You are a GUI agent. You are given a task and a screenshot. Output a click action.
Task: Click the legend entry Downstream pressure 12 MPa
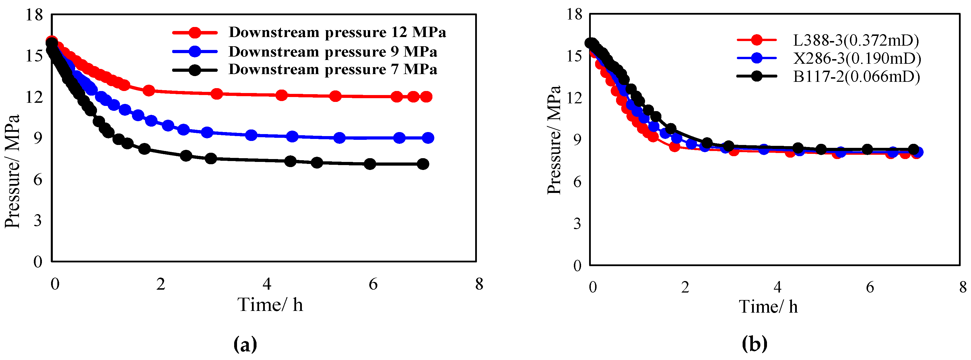pyautogui.click(x=337, y=32)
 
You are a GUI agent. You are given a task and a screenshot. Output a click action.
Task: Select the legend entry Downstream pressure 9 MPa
pyautogui.click(x=333, y=52)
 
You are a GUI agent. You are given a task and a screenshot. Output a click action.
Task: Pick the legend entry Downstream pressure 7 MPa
pyautogui.click(x=333, y=69)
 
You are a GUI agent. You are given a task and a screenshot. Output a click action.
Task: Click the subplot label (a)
pyautogui.click(x=245, y=344)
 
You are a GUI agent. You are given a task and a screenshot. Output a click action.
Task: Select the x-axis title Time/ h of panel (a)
pyautogui.click(x=270, y=305)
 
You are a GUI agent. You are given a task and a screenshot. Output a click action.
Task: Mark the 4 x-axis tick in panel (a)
pyautogui.click(x=267, y=284)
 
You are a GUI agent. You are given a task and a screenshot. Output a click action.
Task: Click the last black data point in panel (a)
pyautogui.click(x=423, y=164)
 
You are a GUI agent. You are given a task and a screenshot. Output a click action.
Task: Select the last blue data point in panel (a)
pyautogui.click(x=428, y=138)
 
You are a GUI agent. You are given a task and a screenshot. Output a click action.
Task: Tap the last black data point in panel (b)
pyautogui.click(x=913, y=149)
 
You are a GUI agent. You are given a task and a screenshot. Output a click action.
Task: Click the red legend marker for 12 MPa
pyautogui.click(x=195, y=33)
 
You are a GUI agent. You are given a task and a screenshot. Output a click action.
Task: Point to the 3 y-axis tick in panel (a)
pyautogui.click(x=38, y=220)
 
